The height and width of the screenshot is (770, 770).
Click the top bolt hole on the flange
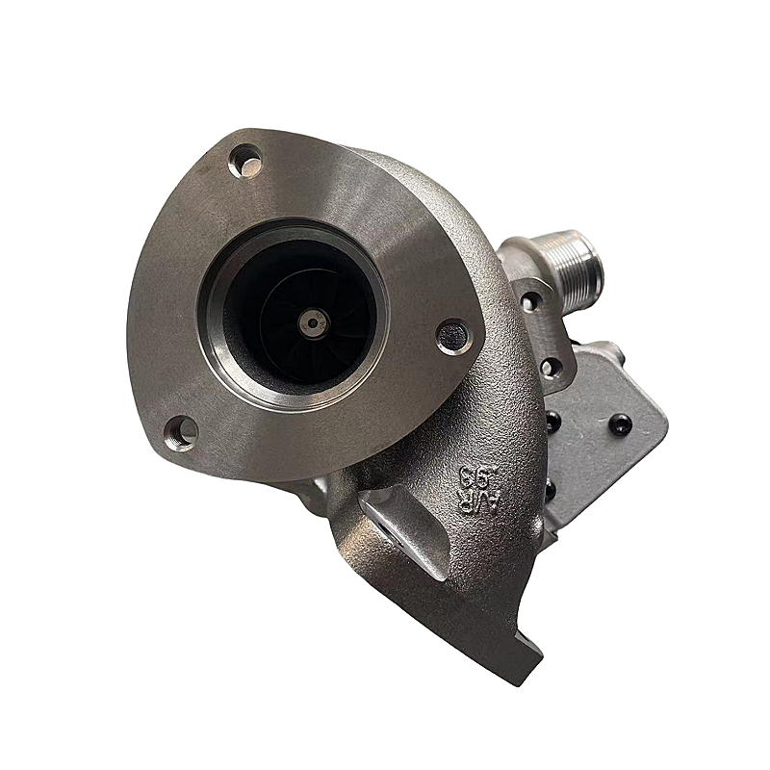(x=247, y=161)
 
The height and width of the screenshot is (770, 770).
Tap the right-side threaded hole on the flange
(x=453, y=335)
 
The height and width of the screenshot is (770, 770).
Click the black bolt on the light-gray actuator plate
(x=620, y=423)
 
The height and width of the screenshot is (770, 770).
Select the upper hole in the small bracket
(x=527, y=300)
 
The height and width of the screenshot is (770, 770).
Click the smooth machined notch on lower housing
(x=404, y=539)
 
